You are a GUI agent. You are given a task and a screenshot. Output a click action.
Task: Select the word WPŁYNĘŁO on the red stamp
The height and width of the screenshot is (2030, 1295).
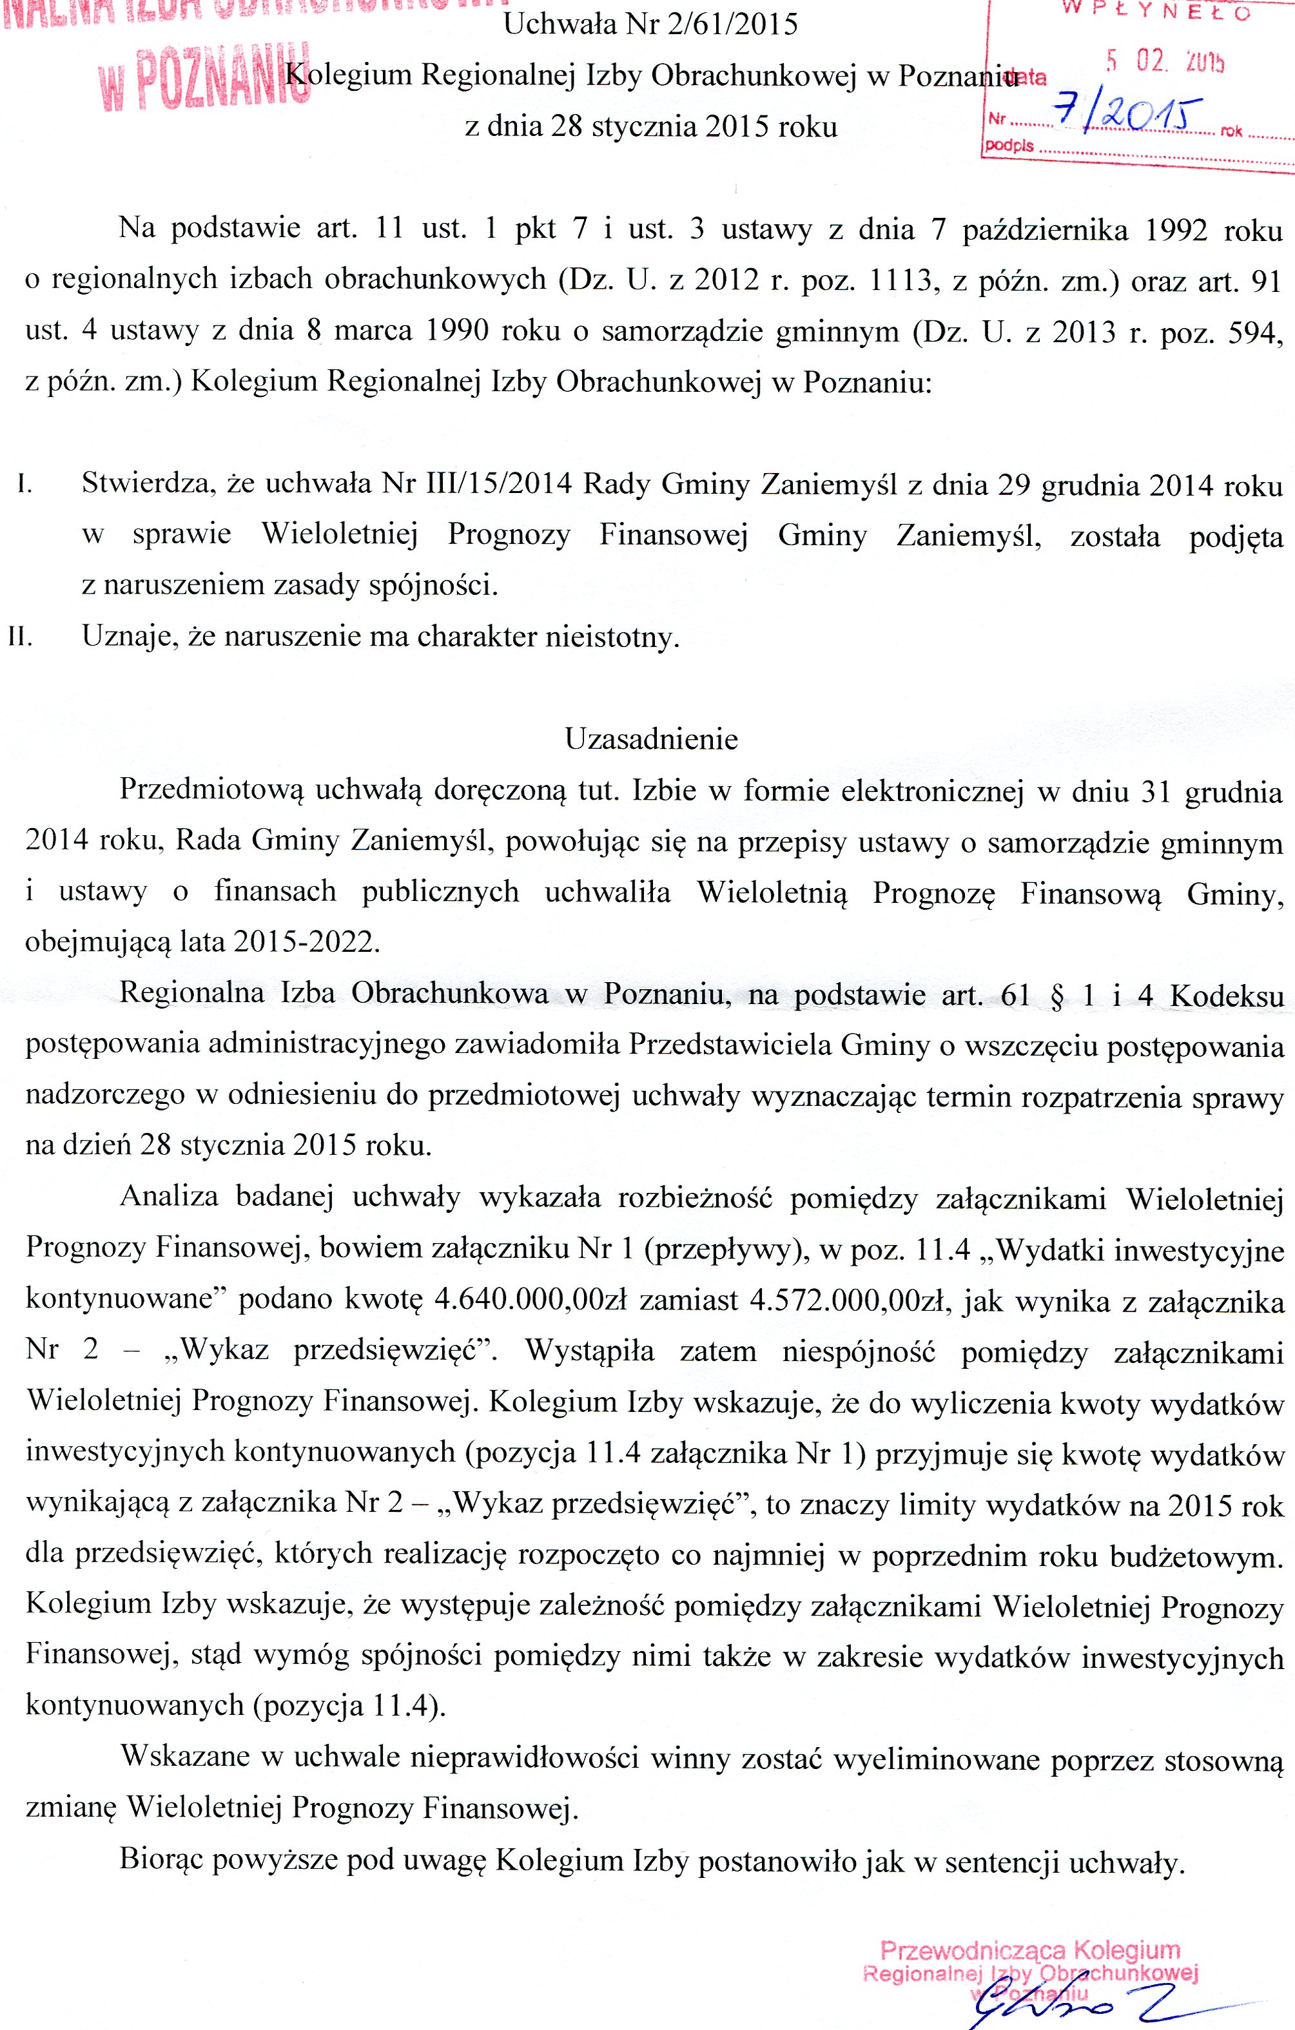tap(1155, 11)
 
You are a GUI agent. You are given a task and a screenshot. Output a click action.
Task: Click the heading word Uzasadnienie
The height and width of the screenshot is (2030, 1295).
tap(651, 739)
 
